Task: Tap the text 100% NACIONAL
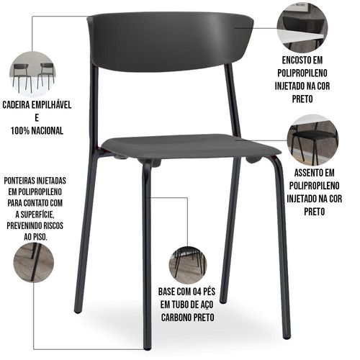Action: (37, 131)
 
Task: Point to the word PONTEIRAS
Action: (19, 181)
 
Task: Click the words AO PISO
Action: (35, 237)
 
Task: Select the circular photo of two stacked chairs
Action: (33, 75)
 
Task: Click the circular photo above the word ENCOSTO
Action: (302, 27)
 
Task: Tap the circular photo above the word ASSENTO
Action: (312, 140)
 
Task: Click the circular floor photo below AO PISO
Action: (34, 263)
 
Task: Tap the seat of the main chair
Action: (191, 147)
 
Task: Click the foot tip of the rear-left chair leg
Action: (77, 311)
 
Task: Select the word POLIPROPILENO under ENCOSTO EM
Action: (302, 73)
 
